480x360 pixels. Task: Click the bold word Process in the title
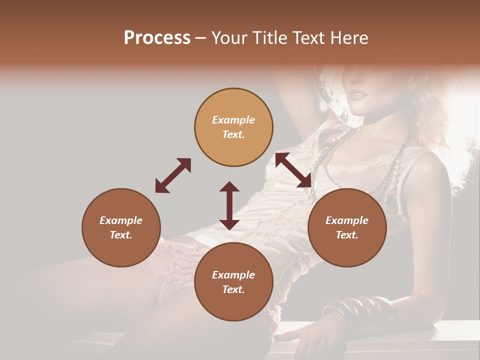coord(157,38)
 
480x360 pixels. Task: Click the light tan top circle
coord(233,127)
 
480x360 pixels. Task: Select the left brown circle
coord(121,227)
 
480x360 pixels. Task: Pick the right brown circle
coord(347,227)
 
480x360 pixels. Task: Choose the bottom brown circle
coord(233,282)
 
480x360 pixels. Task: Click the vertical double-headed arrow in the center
coord(229,205)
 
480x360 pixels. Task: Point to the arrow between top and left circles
coord(173,175)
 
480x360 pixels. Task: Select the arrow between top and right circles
coord(293,170)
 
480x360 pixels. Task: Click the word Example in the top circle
coord(233,120)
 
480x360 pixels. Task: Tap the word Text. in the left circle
coord(121,235)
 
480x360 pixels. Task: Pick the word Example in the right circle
coord(347,220)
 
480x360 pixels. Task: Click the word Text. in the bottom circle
coord(233,289)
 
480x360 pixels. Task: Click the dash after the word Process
coord(200,38)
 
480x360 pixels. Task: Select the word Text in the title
coord(308,38)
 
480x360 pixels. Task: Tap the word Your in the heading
coord(228,38)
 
